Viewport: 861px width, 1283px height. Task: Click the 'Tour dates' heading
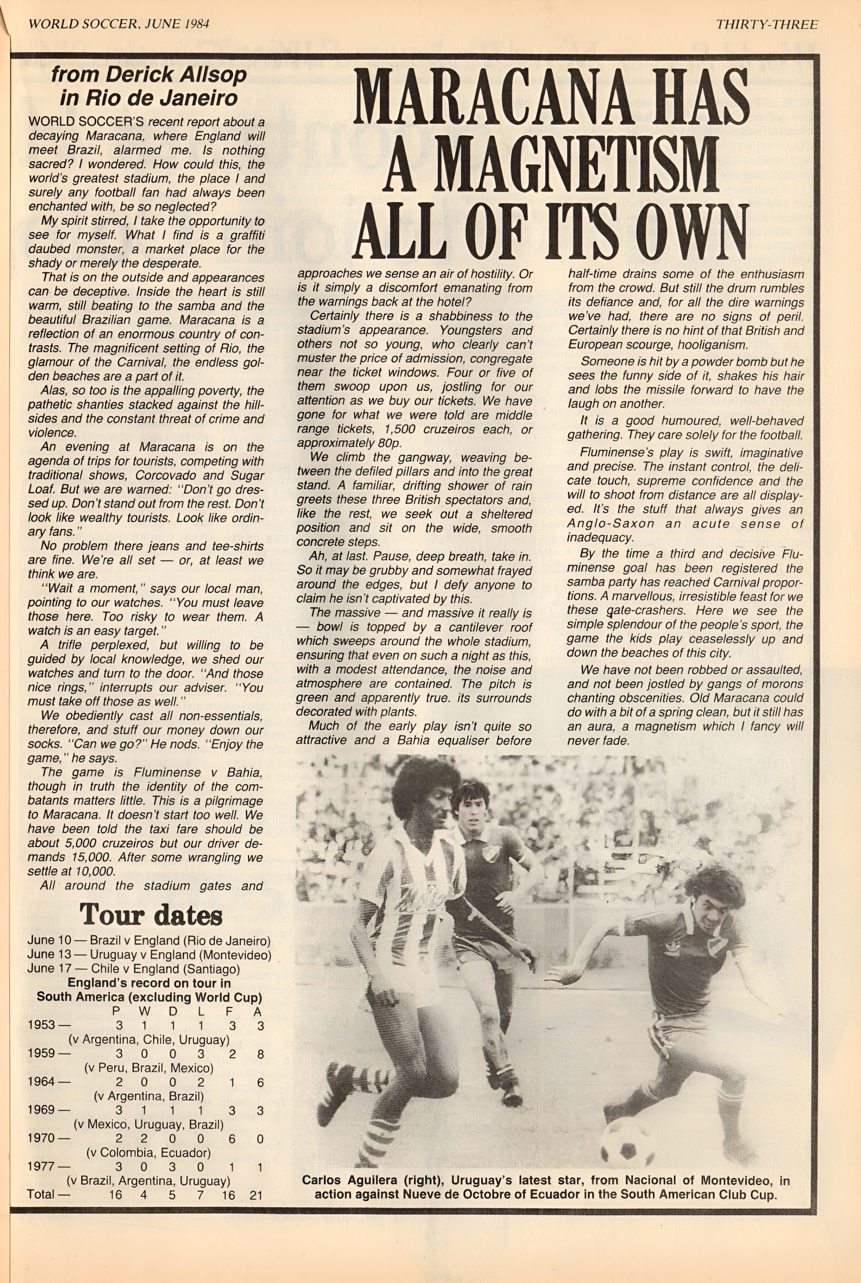(x=150, y=915)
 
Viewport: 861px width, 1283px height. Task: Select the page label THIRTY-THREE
(x=767, y=25)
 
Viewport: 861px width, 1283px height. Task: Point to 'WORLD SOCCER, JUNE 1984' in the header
(x=118, y=25)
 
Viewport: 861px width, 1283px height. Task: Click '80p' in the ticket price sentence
(x=360, y=443)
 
